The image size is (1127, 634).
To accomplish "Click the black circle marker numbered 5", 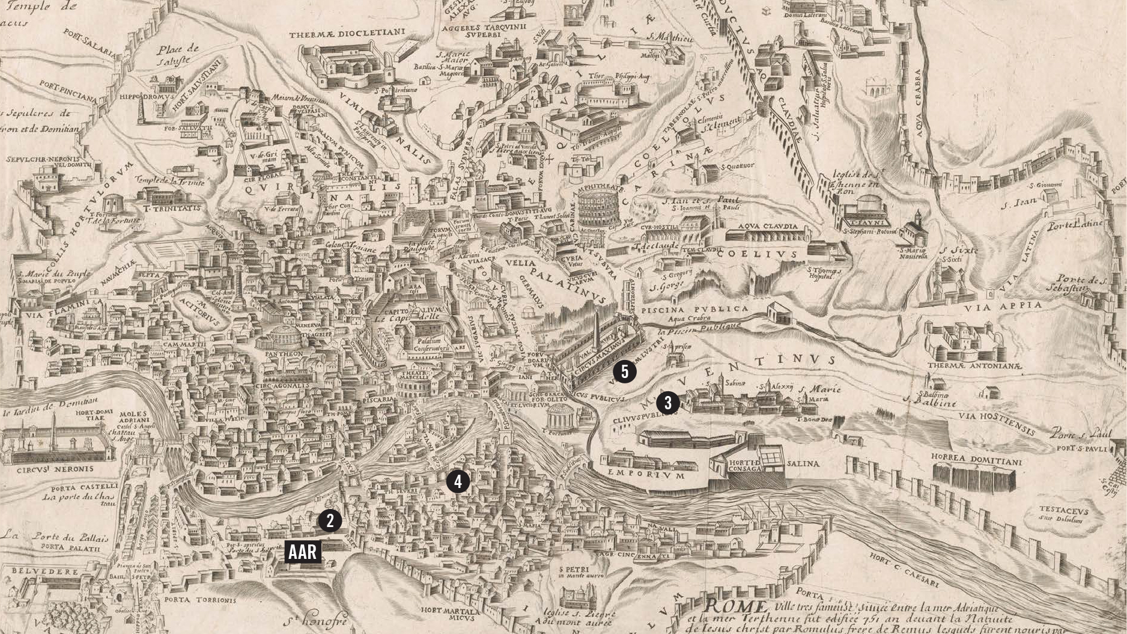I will pyautogui.click(x=625, y=372).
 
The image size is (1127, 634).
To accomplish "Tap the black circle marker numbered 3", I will pyautogui.click(x=667, y=403).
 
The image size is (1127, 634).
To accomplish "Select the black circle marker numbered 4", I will pyautogui.click(x=458, y=481).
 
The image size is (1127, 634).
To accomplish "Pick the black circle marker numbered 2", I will pyautogui.click(x=330, y=520).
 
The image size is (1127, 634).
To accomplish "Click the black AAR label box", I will pyautogui.click(x=303, y=552).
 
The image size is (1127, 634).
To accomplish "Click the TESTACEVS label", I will pyautogui.click(x=1063, y=510).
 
